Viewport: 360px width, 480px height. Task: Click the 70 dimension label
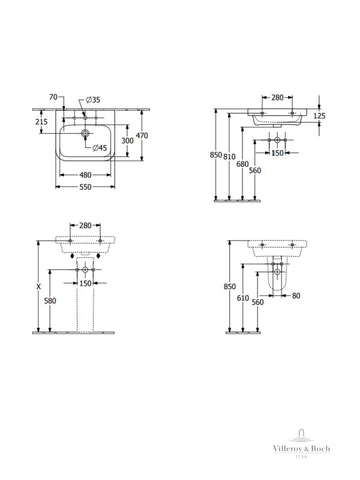pos(53,97)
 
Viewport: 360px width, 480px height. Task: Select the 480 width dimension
pos(86,175)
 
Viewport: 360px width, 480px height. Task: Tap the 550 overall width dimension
pos(86,187)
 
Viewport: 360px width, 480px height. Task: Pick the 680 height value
pos(242,164)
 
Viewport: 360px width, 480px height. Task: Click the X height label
pos(38,287)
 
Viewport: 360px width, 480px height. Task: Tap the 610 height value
pos(243,298)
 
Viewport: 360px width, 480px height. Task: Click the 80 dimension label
pos(296,296)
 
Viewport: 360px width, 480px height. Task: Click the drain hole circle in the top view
pos(86,133)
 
